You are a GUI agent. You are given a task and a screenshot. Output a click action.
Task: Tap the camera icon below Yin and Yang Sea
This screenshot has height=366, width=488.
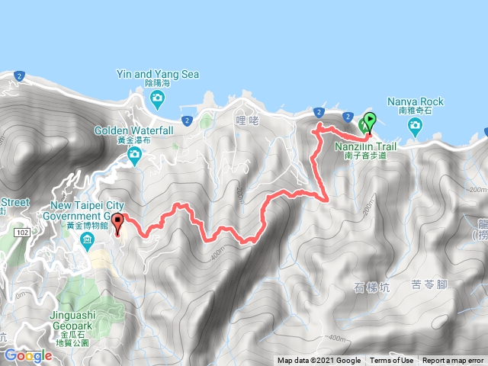point(156,97)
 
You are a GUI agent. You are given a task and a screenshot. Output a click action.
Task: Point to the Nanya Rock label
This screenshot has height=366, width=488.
point(415,101)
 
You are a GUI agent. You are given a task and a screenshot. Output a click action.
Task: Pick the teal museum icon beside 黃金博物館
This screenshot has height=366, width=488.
point(86,242)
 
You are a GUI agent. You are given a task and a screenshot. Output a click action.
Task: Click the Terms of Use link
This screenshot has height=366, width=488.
point(391,361)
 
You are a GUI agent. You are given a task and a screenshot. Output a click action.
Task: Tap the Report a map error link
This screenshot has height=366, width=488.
point(453,361)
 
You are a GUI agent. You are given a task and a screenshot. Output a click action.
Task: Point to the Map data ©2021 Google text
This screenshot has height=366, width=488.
point(319,361)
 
